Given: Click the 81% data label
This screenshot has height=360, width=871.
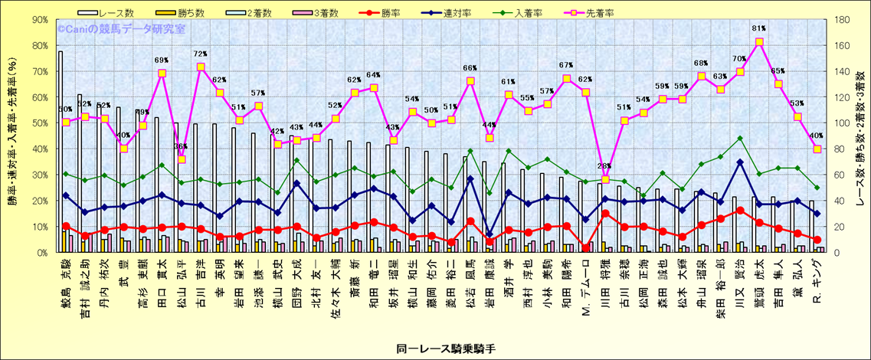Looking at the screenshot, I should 759,31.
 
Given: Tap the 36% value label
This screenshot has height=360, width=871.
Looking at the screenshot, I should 182,147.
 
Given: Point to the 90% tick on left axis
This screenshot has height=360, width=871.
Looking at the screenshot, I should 38,21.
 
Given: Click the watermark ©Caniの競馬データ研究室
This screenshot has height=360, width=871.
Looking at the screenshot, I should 121,29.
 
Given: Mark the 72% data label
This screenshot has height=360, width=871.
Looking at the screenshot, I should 201,54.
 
